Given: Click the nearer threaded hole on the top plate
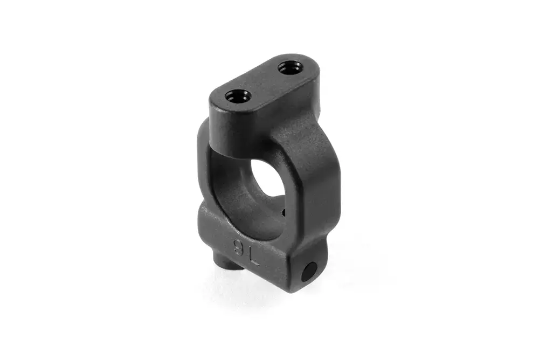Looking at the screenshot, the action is pos(238,95).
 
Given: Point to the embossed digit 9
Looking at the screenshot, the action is pos(238,246).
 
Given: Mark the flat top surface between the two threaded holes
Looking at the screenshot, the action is pos(264,81).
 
